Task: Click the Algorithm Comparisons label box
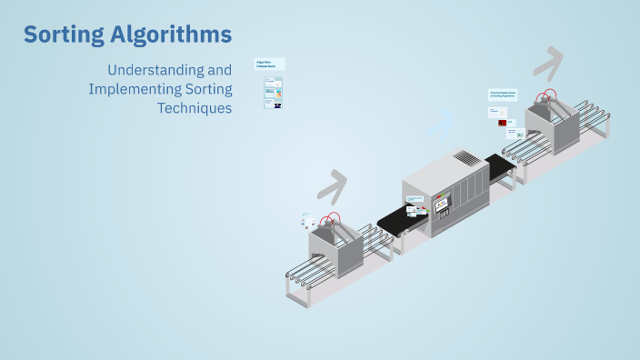click(x=269, y=65)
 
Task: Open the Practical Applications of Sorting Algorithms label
click(x=503, y=95)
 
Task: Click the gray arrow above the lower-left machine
click(x=332, y=185)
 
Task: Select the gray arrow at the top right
click(x=548, y=64)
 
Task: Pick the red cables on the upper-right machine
click(x=545, y=95)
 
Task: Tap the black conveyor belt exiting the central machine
click(x=499, y=166)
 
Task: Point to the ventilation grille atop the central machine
click(x=465, y=158)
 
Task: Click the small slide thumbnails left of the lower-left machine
click(x=309, y=220)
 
